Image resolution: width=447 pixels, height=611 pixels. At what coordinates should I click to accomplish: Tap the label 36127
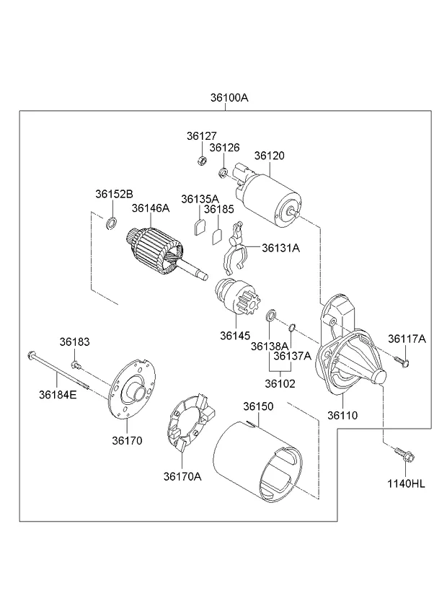201,135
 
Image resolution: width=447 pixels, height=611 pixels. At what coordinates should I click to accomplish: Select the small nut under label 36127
202,159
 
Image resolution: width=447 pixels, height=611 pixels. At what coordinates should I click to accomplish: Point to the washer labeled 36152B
112,223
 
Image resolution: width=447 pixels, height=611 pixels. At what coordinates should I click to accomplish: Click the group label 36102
279,383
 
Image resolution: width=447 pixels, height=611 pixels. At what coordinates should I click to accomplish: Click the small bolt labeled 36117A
404,360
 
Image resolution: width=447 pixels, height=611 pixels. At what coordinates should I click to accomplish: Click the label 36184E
58,394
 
